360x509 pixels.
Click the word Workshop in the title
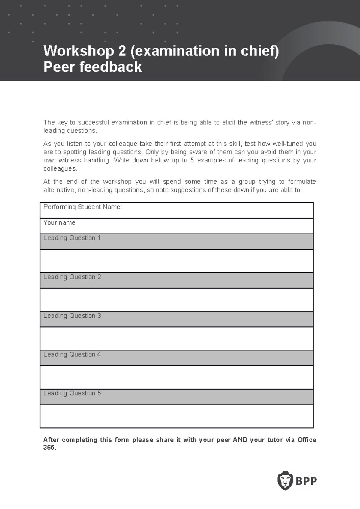tap(79, 51)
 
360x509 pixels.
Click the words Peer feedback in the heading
tap(92, 67)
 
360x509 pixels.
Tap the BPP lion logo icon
tap(285, 481)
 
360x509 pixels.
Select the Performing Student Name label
tap(82, 207)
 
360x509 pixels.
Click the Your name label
tap(60, 222)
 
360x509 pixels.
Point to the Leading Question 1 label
tap(72, 238)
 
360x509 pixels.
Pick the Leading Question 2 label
tap(72, 277)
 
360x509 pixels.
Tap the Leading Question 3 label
tap(72, 316)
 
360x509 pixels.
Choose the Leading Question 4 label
tap(72, 354)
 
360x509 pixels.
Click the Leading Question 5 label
tap(72, 393)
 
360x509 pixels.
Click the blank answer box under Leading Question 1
tap(176, 261)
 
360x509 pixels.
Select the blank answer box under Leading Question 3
tap(176, 338)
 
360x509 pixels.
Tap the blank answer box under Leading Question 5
tap(176, 416)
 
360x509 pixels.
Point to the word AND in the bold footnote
tap(240, 440)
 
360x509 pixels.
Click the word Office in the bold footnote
tap(307, 440)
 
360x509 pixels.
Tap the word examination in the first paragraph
tap(129, 122)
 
